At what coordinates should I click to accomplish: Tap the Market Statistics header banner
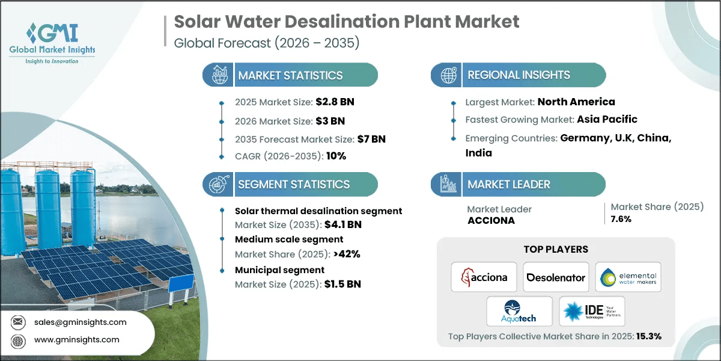pyautogui.click(x=290, y=75)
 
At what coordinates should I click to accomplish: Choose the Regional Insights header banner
pyautogui.click(x=519, y=75)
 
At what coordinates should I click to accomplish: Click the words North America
pyautogui.click(x=576, y=102)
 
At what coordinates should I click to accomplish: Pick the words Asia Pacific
pyautogui.click(x=607, y=119)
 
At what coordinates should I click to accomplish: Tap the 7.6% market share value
pyautogui.click(x=621, y=219)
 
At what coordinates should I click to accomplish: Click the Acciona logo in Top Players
pyautogui.click(x=484, y=277)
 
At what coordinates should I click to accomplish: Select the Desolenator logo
pyautogui.click(x=556, y=277)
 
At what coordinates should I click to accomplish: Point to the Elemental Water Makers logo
pyautogui.click(x=628, y=277)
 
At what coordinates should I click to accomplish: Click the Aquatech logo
pyautogui.click(x=520, y=311)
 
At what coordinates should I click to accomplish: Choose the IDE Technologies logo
pyautogui.click(x=592, y=311)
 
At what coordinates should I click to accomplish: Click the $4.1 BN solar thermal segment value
pyautogui.click(x=342, y=225)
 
